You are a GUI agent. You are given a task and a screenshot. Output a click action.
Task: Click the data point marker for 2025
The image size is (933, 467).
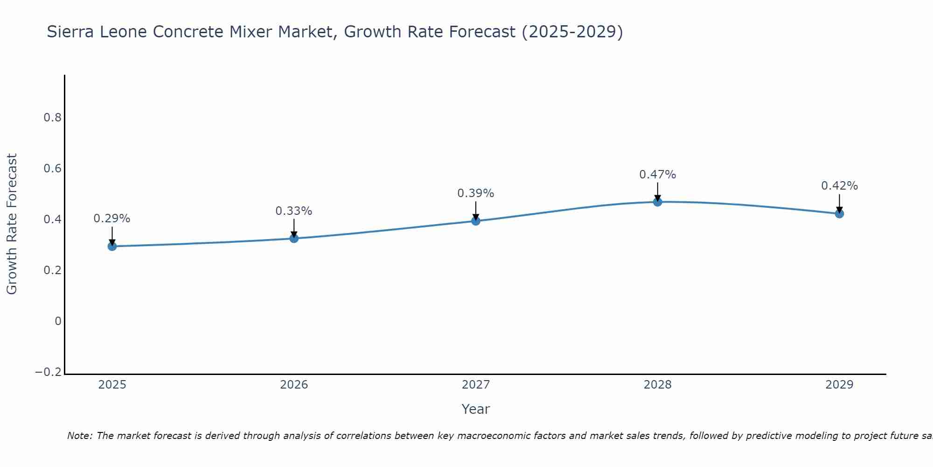112,246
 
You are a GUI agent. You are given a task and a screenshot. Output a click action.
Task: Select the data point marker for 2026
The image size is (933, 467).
294,238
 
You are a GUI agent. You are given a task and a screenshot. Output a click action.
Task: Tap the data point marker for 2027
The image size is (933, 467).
476,221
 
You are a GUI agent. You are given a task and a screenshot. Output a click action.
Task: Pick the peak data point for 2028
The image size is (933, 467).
657,202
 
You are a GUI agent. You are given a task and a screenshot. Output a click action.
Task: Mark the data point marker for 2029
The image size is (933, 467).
839,213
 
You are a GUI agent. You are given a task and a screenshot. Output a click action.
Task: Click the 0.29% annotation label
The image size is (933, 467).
112,219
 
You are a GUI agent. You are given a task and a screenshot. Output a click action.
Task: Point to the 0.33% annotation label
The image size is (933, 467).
293,211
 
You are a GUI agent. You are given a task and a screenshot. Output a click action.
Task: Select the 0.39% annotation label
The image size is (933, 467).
475,193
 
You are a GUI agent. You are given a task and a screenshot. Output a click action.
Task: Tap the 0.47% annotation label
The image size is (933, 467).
657,175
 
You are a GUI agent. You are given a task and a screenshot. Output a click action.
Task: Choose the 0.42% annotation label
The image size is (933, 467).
839,186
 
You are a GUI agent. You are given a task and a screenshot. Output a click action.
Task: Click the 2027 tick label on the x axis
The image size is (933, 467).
475,385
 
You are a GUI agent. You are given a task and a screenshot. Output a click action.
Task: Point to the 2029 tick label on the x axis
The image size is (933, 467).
839,385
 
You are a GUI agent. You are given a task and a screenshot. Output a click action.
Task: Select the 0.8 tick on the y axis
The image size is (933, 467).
53,118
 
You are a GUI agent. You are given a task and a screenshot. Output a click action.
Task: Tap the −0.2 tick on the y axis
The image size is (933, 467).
49,372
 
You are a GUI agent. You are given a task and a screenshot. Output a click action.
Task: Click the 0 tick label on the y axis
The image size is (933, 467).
58,321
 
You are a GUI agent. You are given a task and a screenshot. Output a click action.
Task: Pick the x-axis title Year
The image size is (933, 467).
475,409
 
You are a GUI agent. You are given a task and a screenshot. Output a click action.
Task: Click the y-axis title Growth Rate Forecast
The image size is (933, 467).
12,224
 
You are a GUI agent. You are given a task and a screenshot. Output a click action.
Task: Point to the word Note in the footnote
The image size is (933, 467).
79,436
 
